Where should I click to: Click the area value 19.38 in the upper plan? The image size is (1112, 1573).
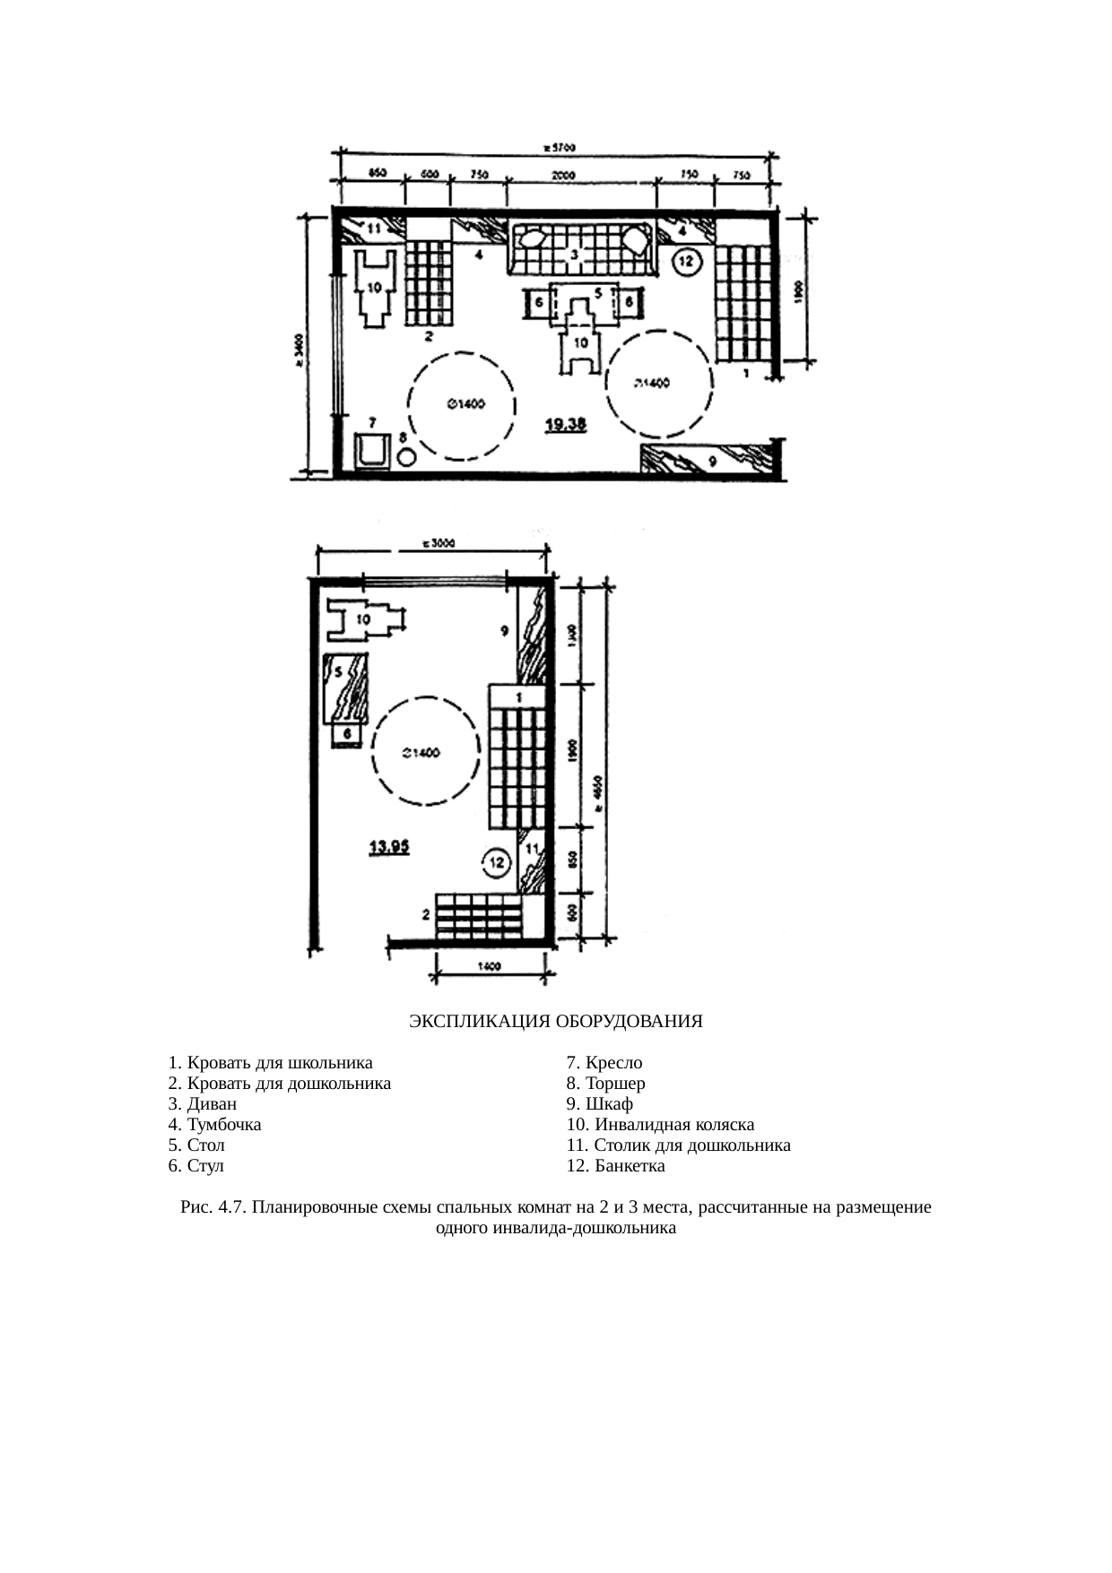click(x=567, y=426)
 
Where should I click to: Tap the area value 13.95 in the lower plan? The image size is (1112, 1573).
click(x=390, y=845)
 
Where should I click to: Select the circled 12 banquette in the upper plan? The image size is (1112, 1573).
click(x=685, y=262)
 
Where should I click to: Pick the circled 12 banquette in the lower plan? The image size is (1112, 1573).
click(x=495, y=863)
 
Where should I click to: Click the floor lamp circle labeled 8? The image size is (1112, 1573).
click(x=406, y=456)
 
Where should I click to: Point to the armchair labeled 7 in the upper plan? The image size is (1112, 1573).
click(x=372, y=451)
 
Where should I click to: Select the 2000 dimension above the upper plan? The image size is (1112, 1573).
click(x=562, y=177)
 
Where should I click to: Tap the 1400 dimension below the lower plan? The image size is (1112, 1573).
click(x=488, y=966)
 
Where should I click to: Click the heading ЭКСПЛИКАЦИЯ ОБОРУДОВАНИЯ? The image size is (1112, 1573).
click(x=555, y=1021)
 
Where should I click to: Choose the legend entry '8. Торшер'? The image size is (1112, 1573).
click(x=605, y=1083)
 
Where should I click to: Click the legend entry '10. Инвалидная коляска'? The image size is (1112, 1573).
click(x=660, y=1124)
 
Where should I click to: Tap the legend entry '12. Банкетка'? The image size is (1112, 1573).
click(x=615, y=1166)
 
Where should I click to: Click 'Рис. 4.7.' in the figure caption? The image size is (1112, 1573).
click(x=213, y=1207)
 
